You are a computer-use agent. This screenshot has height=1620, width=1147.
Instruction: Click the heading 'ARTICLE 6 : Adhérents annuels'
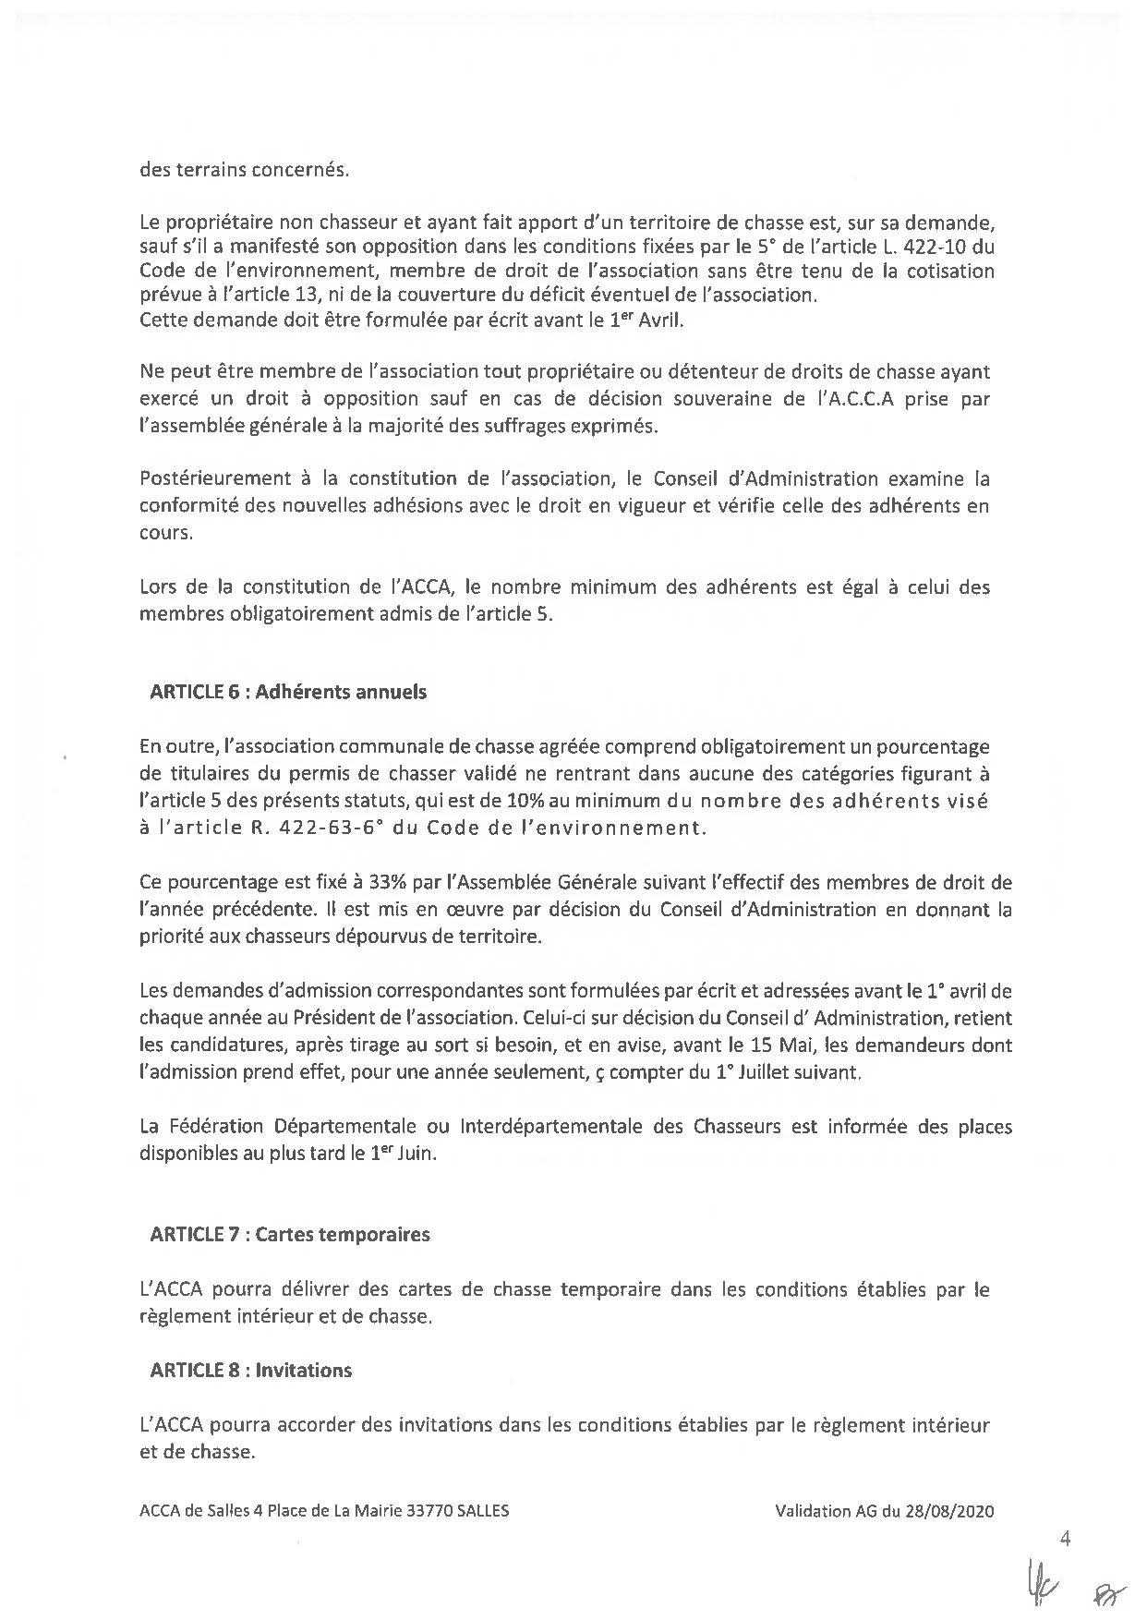click(x=288, y=692)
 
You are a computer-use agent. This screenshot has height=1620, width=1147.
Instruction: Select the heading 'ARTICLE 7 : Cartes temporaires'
click(x=289, y=1234)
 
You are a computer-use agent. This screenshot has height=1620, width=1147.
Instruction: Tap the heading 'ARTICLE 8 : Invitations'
click(x=250, y=1370)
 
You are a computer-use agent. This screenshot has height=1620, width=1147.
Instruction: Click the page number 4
click(x=1066, y=1539)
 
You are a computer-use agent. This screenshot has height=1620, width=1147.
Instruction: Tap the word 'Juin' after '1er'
click(x=417, y=1155)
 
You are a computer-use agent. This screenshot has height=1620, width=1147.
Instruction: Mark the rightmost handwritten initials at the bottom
click(x=1104, y=1592)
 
